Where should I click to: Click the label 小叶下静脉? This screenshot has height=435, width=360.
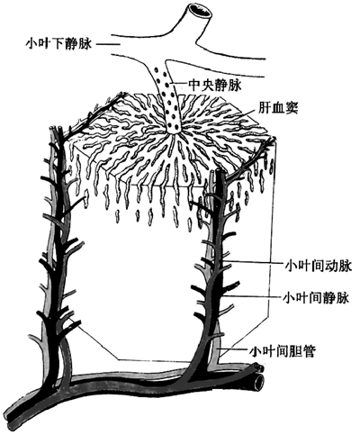(x=59, y=45)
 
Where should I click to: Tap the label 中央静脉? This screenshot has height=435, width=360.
(x=214, y=86)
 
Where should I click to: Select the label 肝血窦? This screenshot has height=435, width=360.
(x=278, y=108)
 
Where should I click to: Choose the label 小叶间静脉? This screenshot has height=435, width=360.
(x=316, y=298)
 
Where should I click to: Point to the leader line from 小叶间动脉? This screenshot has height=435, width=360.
(x=254, y=263)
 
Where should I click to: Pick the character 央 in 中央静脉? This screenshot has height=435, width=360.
(x=207, y=86)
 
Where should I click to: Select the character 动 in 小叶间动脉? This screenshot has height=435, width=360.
(x=330, y=267)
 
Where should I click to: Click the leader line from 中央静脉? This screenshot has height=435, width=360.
(x=179, y=84)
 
